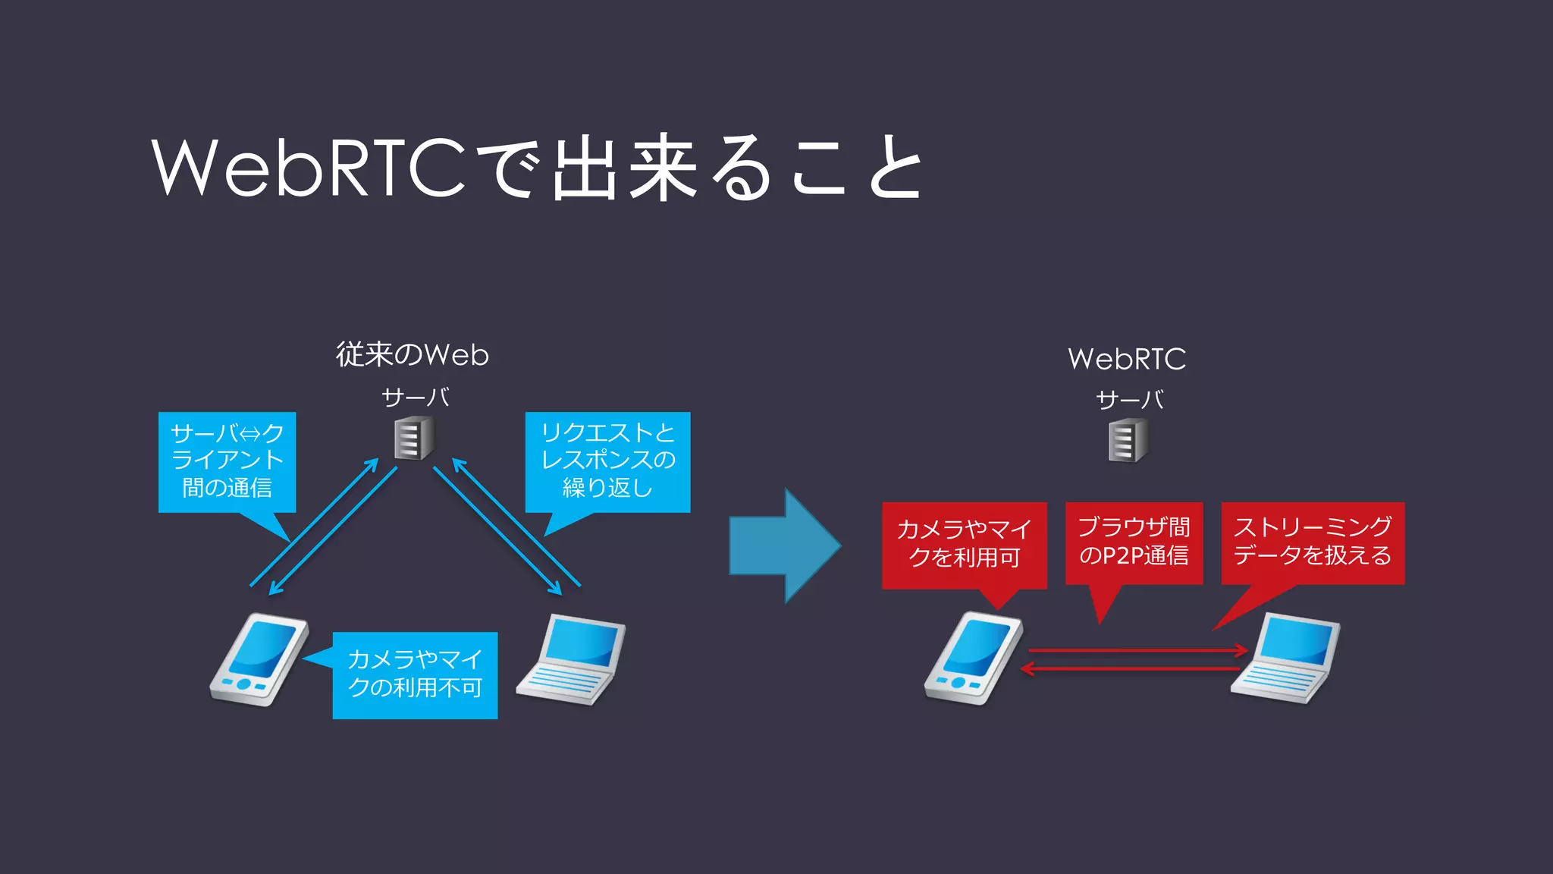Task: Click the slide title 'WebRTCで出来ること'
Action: click(536, 168)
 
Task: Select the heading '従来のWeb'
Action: click(413, 355)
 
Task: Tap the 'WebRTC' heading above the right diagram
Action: click(1126, 359)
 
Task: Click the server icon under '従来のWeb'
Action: click(414, 439)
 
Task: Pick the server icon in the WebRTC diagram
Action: click(1128, 442)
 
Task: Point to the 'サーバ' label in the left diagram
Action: click(415, 398)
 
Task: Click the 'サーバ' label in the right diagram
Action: click(1129, 400)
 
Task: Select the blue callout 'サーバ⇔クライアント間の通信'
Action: click(227, 461)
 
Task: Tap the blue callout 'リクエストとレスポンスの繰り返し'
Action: click(607, 461)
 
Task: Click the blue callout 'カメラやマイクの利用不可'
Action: click(415, 674)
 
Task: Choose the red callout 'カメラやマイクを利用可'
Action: click(964, 544)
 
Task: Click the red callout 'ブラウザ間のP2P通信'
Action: click(1134, 542)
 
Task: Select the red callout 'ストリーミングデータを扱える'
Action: click(1312, 542)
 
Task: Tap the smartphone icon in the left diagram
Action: click(259, 660)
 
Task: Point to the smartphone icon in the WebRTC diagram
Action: click(973, 659)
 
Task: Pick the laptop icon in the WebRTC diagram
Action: click(1285, 659)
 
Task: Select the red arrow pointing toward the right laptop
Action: click(1137, 650)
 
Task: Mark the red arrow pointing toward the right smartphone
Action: click(1130, 669)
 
